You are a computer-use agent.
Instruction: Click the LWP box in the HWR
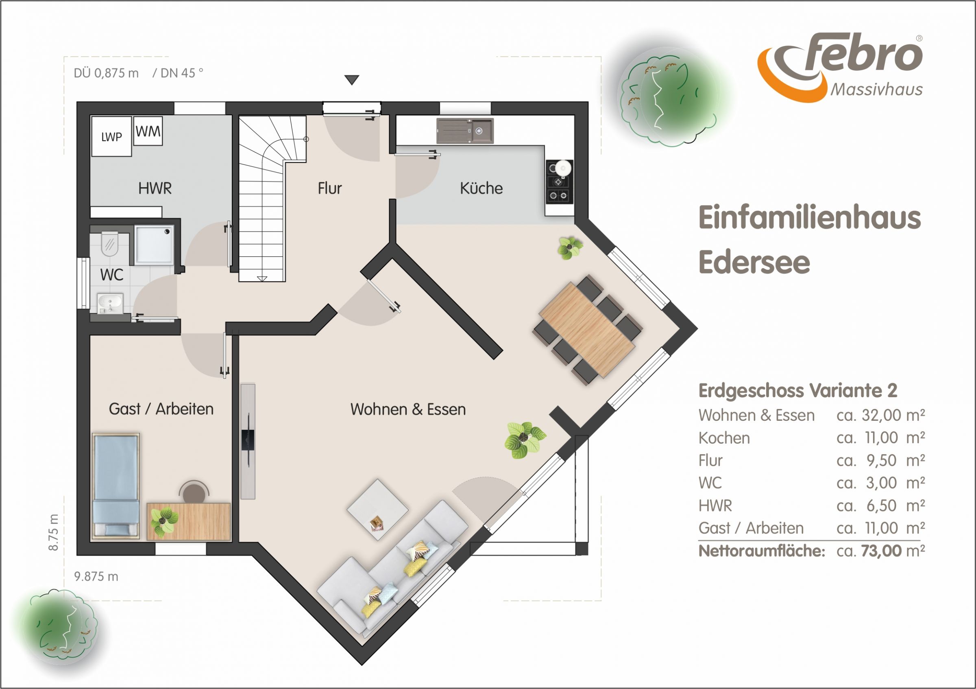(x=111, y=136)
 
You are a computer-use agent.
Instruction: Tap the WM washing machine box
(x=148, y=131)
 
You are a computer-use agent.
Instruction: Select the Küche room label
(x=481, y=188)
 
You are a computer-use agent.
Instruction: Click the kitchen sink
(x=465, y=131)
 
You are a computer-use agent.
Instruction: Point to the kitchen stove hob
(x=560, y=182)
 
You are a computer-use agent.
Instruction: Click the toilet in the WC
(x=110, y=244)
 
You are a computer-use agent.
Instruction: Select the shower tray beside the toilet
(x=154, y=245)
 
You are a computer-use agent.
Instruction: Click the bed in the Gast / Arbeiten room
(x=116, y=486)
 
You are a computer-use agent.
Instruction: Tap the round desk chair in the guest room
(x=194, y=492)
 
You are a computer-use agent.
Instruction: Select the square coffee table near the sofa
(x=377, y=510)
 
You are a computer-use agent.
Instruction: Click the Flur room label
(x=329, y=188)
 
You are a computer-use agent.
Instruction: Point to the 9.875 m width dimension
(x=96, y=577)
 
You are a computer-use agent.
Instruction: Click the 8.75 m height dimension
(x=54, y=532)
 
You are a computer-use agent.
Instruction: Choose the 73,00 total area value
(x=882, y=551)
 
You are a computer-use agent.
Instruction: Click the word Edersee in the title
(x=754, y=262)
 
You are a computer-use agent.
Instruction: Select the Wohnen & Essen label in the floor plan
(x=408, y=409)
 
